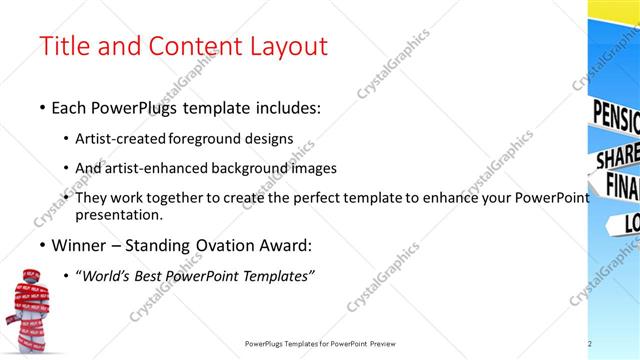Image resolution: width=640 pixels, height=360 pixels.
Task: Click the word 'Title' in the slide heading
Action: pyautogui.click(x=62, y=46)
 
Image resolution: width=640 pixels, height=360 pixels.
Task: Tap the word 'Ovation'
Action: pyautogui.click(x=219, y=244)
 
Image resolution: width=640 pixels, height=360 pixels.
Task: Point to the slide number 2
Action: pyautogui.click(x=590, y=344)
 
